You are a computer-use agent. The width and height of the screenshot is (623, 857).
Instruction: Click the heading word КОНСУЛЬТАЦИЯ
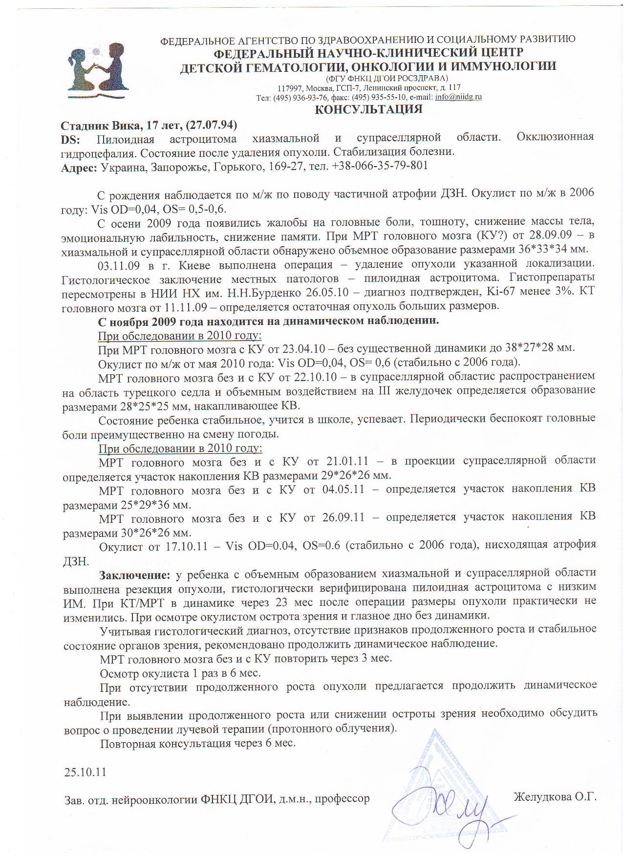(x=368, y=109)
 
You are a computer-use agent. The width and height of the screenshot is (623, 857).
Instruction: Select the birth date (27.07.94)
(x=211, y=125)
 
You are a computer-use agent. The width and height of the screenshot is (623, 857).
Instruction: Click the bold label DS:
(x=70, y=139)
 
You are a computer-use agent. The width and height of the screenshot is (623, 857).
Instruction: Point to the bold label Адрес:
(x=79, y=167)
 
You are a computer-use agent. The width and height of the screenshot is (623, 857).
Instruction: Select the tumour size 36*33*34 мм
(x=552, y=249)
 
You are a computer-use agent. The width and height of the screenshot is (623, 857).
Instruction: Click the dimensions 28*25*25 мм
(x=145, y=406)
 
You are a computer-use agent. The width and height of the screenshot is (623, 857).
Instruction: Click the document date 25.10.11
(x=85, y=772)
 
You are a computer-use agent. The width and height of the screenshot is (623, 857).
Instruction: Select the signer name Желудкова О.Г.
(x=555, y=797)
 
